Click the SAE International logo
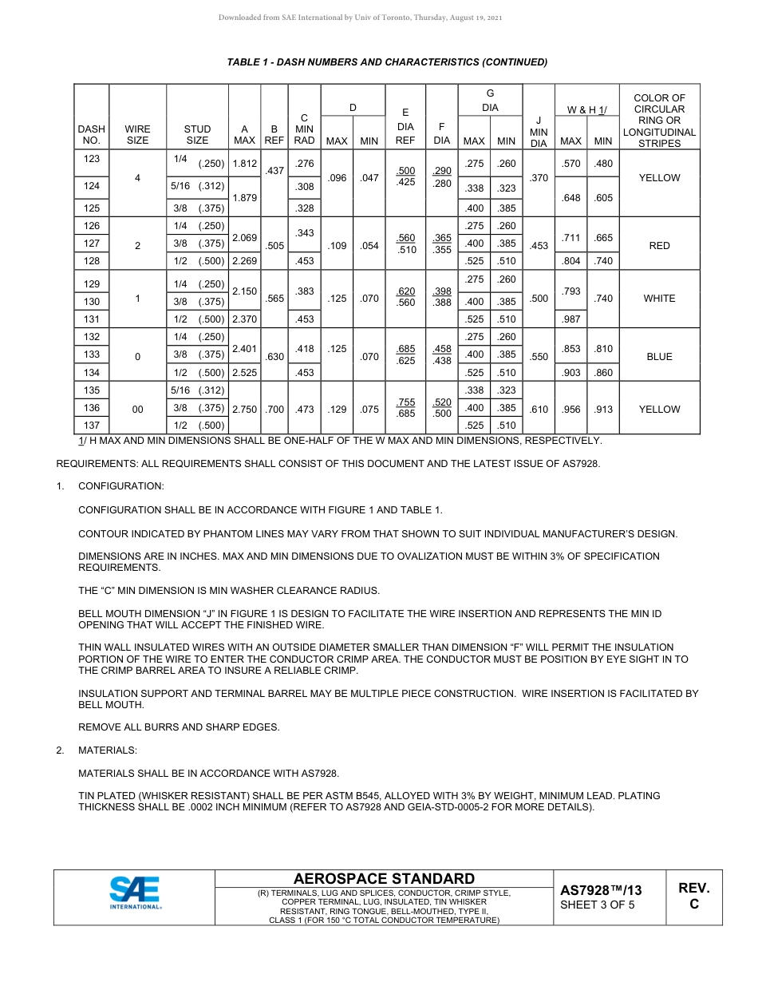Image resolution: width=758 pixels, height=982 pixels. (135, 893)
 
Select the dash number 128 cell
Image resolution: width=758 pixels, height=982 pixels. (92, 262)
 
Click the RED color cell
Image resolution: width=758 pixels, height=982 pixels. (659, 246)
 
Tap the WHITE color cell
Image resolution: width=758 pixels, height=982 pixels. (659, 299)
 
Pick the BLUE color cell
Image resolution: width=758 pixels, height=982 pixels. (659, 357)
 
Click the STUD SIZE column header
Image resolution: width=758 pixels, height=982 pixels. (197, 134)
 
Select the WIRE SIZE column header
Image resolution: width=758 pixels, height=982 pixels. (137, 134)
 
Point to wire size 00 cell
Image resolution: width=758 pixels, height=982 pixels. (137, 409)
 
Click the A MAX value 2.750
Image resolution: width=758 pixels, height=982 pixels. (244, 409)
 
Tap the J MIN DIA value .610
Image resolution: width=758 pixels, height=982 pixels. (539, 409)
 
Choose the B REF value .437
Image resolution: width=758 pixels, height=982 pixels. (274, 171)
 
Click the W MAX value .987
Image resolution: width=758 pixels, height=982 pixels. (570, 319)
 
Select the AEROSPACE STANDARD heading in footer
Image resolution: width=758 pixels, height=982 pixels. (384, 879)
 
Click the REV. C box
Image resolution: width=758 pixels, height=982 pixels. (693, 896)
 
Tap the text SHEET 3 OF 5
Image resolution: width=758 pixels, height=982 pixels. (598, 905)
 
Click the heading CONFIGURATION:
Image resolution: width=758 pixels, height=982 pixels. (121, 486)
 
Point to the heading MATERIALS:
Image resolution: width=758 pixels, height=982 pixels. (108, 750)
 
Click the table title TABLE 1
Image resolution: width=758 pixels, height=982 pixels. (387, 62)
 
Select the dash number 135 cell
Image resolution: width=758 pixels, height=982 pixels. (92, 390)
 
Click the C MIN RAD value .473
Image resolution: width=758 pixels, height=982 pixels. (304, 409)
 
